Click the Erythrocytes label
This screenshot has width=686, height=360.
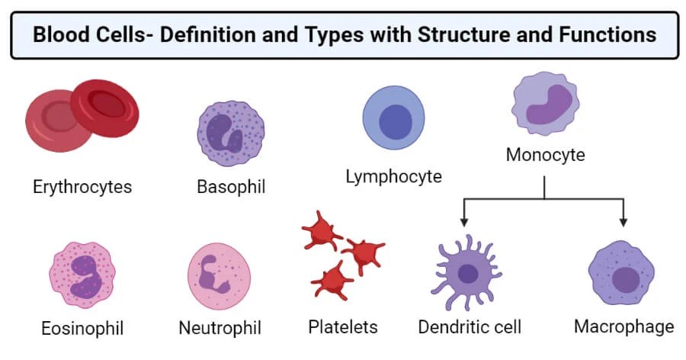point(82,186)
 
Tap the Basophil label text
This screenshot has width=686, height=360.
point(231,187)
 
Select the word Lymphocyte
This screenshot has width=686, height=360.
point(393,176)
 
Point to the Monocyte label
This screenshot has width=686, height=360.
point(545,155)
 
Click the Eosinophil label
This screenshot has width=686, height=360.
point(82,329)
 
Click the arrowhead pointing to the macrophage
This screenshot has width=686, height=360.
point(623,222)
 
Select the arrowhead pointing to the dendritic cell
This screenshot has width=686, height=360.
point(463,222)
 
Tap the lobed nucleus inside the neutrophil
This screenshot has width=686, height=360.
point(213,275)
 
